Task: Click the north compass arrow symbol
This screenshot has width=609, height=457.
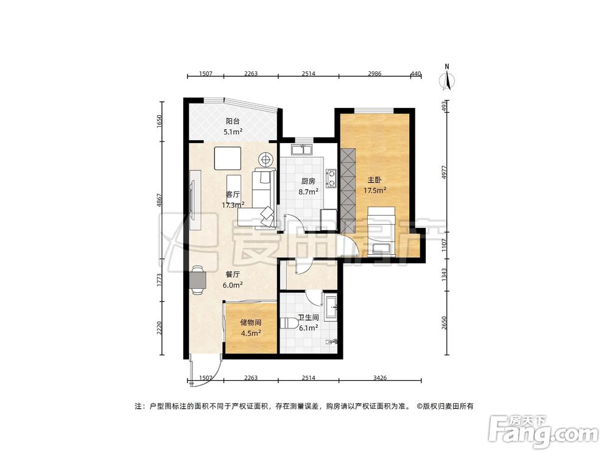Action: (x=448, y=79)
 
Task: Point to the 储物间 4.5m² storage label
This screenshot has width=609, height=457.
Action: (x=250, y=328)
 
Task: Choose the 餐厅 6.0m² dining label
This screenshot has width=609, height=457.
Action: (x=233, y=279)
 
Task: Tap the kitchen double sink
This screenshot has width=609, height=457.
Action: (x=301, y=149)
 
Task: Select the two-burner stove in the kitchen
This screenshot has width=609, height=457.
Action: (x=332, y=177)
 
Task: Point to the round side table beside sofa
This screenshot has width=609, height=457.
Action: (x=266, y=160)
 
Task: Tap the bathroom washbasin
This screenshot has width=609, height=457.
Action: (x=331, y=307)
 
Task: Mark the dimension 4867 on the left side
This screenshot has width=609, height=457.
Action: (x=160, y=201)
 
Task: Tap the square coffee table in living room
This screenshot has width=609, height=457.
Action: (x=228, y=158)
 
